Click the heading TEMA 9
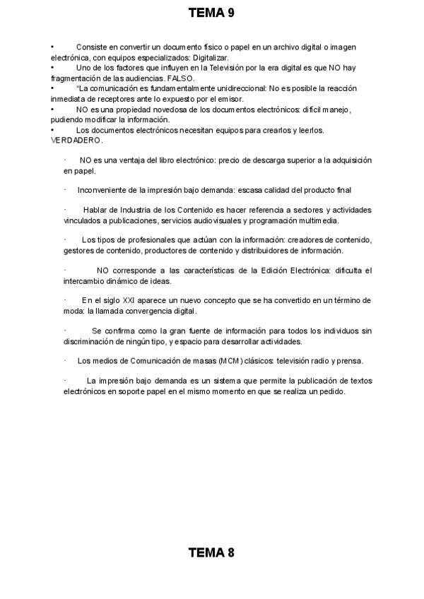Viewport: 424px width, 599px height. pyautogui.click(x=211, y=13)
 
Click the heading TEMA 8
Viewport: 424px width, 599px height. pyautogui.click(x=211, y=553)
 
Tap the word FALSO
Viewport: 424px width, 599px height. pyautogui.click(x=181, y=78)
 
